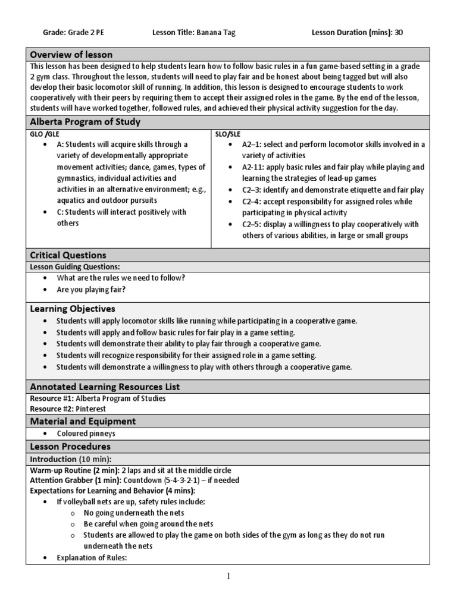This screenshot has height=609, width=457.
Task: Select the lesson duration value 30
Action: [398, 33]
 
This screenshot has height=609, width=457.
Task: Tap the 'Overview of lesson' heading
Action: [71, 55]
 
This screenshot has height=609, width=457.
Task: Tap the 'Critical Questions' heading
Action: [68, 255]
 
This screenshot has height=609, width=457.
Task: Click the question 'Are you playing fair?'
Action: [91, 290]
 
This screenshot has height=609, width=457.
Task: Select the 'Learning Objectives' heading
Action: [73, 309]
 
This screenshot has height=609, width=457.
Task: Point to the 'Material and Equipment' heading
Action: [83, 421]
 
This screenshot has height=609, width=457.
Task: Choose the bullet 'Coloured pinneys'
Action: [86, 434]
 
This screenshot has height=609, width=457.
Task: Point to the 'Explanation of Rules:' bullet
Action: [92, 557]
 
